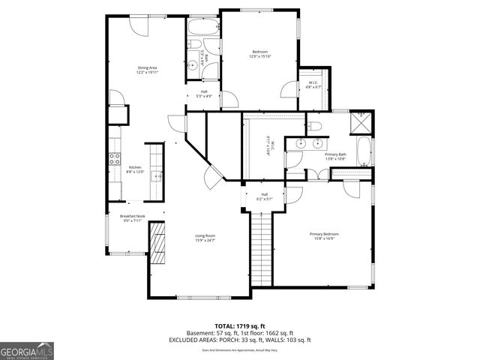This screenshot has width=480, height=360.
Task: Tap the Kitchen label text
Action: point(135,167)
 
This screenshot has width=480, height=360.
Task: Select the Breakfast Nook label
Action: point(132,216)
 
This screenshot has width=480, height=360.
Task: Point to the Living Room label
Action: point(205,236)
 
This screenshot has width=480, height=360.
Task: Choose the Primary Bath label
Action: point(334,154)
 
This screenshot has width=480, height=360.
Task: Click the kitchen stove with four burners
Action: point(115,158)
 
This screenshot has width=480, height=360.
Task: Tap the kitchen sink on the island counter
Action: point(156,177)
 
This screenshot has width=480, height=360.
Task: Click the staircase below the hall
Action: point(259,247)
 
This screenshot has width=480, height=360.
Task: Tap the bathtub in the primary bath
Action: point(364,152)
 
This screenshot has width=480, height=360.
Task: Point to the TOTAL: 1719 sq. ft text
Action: point(240,326)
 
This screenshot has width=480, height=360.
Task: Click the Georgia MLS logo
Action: point(27,350)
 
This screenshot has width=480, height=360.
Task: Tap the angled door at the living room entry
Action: point(211,178)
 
